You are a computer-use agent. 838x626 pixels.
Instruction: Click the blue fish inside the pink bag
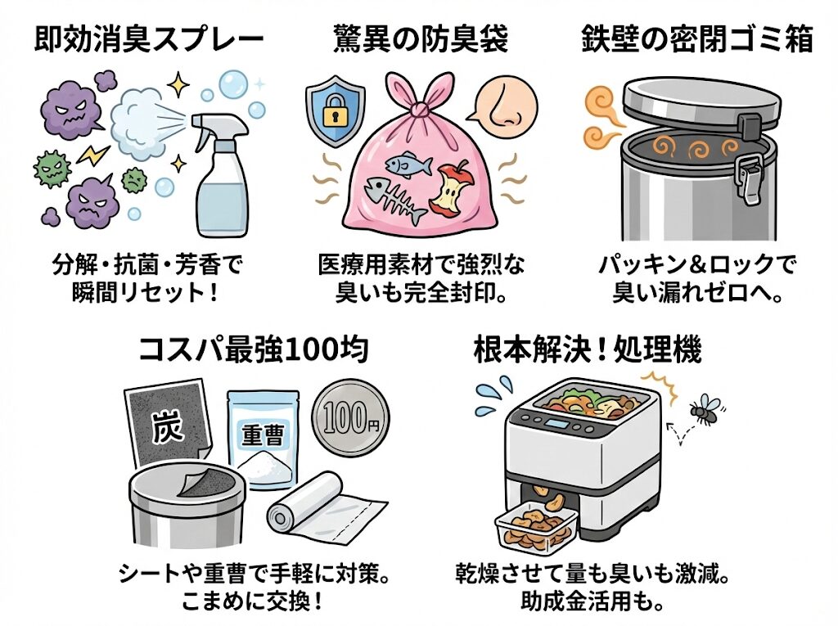tap(408, 164)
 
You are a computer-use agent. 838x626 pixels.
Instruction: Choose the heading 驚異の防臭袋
tap(420, 40)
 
